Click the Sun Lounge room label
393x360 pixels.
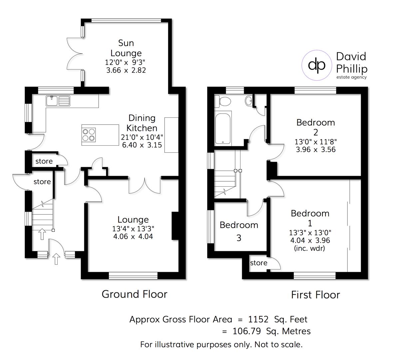click(126, 48)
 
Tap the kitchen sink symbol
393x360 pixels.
click(58, 101)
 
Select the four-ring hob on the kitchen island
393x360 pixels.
click(89, 135)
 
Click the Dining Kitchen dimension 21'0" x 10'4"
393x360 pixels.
click(142, 137)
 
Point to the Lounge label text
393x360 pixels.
click(133, 220)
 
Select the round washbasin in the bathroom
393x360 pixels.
click(249, 101)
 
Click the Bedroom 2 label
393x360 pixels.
click(315, 127)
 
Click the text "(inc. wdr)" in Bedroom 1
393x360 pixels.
click(309, 248)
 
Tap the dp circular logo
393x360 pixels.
click(317, 65)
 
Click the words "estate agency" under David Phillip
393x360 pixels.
click(351, 77)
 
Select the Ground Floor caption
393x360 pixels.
click(134, 294)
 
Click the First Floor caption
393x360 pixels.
click(315, 295)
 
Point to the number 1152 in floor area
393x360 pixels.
click(258, 319)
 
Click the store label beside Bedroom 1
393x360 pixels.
click(259, 263)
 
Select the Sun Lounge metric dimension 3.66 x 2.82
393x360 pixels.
click(126, 70)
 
